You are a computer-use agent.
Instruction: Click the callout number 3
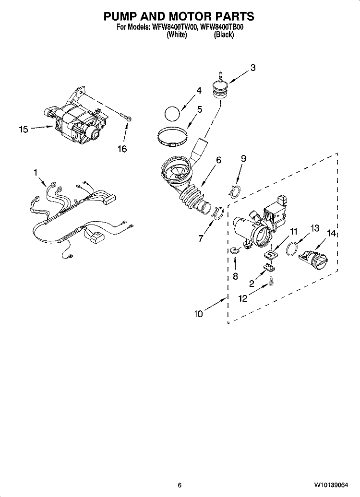(x=252, y=68)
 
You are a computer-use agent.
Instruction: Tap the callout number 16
(x=122, y=149)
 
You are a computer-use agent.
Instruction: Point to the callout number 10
(x=198, y=314)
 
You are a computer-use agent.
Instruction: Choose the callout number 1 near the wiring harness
(x=35, y=171)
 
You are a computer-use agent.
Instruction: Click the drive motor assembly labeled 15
(x=79, y=122)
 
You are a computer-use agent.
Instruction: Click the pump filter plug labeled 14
(x=312, y=260)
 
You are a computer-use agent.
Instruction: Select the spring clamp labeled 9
(x=234, y=191)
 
